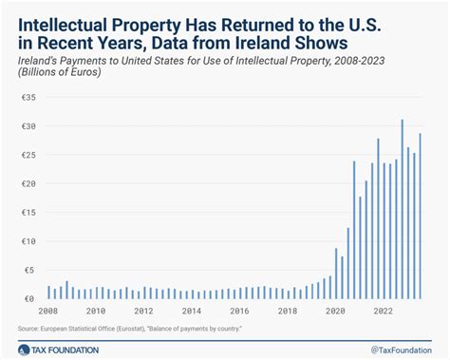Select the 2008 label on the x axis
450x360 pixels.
click(47, 311)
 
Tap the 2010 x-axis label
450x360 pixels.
click(96, 311)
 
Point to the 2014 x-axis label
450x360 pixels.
click(192, 311)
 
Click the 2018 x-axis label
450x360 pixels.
click(289, 311)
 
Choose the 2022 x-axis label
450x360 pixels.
click(384, 311)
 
